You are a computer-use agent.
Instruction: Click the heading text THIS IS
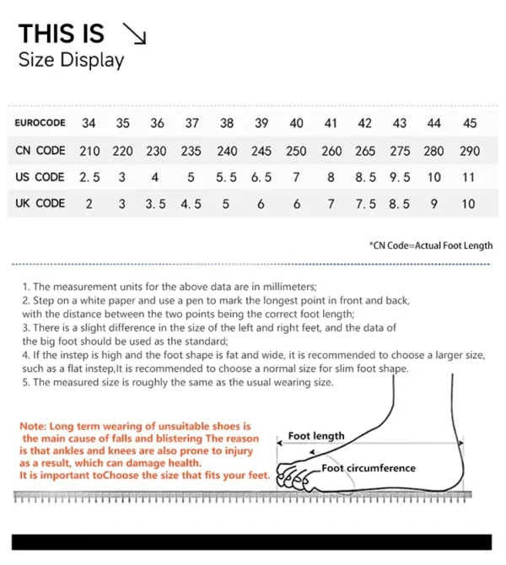tap(62, 34)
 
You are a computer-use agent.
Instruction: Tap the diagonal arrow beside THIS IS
tap(134, 34)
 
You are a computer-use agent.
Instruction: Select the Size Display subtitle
tap(71, 60)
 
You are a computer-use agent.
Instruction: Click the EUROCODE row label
tap(40, 123)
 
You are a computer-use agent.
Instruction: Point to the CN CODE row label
tap(40, 151)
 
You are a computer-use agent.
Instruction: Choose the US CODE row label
tap(40, 177)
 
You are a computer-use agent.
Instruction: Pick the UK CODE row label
tap(40, 203)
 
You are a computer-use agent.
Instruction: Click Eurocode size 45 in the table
tap(470, 123)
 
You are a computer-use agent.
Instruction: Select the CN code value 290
tap(470, 151)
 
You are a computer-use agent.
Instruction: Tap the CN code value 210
tap(89, 151)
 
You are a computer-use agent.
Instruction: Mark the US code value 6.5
tap(261, 177)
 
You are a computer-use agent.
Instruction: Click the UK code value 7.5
tap(366, 203)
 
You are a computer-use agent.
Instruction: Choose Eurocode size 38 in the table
tap(227, 123)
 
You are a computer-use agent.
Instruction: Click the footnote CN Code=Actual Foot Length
tap(431, 245)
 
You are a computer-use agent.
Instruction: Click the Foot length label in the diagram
tap(316, 436)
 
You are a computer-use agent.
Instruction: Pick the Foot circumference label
tap(369, 468)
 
